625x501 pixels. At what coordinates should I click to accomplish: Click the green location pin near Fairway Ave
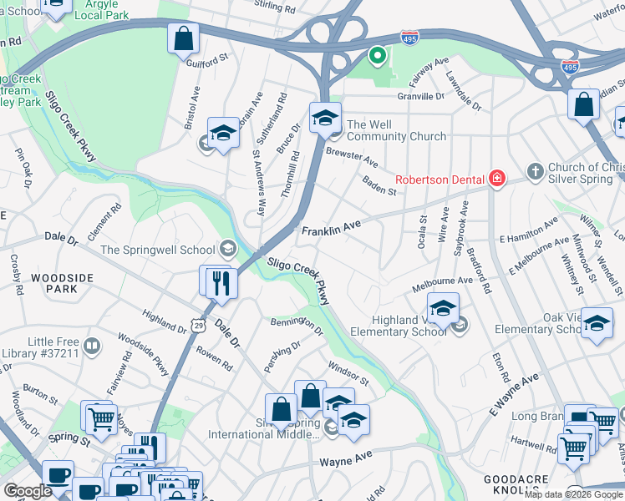[377, 57]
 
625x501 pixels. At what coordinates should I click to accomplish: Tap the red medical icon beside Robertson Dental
[497, 178]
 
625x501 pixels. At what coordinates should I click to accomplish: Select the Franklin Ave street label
[331, 227]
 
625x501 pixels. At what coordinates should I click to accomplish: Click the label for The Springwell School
[156, 249]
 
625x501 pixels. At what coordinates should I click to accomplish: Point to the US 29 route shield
[196, 321]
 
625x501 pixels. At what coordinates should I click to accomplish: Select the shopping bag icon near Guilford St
[183, 38]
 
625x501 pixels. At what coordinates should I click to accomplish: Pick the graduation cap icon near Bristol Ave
[223, 134]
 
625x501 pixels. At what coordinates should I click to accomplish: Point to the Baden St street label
[379, 185]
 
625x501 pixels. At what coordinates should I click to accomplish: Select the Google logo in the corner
[28, 492]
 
